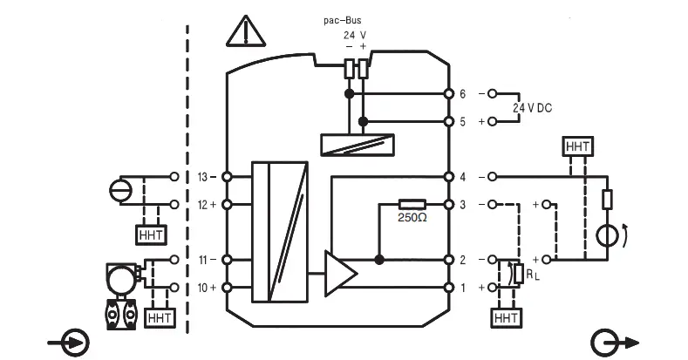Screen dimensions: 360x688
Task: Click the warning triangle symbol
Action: pos(246,31)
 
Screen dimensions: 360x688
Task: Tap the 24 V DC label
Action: pos(532,107)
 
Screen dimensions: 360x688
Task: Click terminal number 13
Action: pos(204,177)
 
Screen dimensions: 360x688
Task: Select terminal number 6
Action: pos(462,93)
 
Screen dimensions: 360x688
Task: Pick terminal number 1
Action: pos(462,288)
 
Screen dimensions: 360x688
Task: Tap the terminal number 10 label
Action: pos(204,288)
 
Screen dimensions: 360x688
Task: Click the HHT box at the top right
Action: pos(576,146)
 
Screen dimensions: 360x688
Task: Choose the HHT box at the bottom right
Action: pos(506,319)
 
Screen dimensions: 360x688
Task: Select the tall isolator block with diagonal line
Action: pos(279,231)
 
